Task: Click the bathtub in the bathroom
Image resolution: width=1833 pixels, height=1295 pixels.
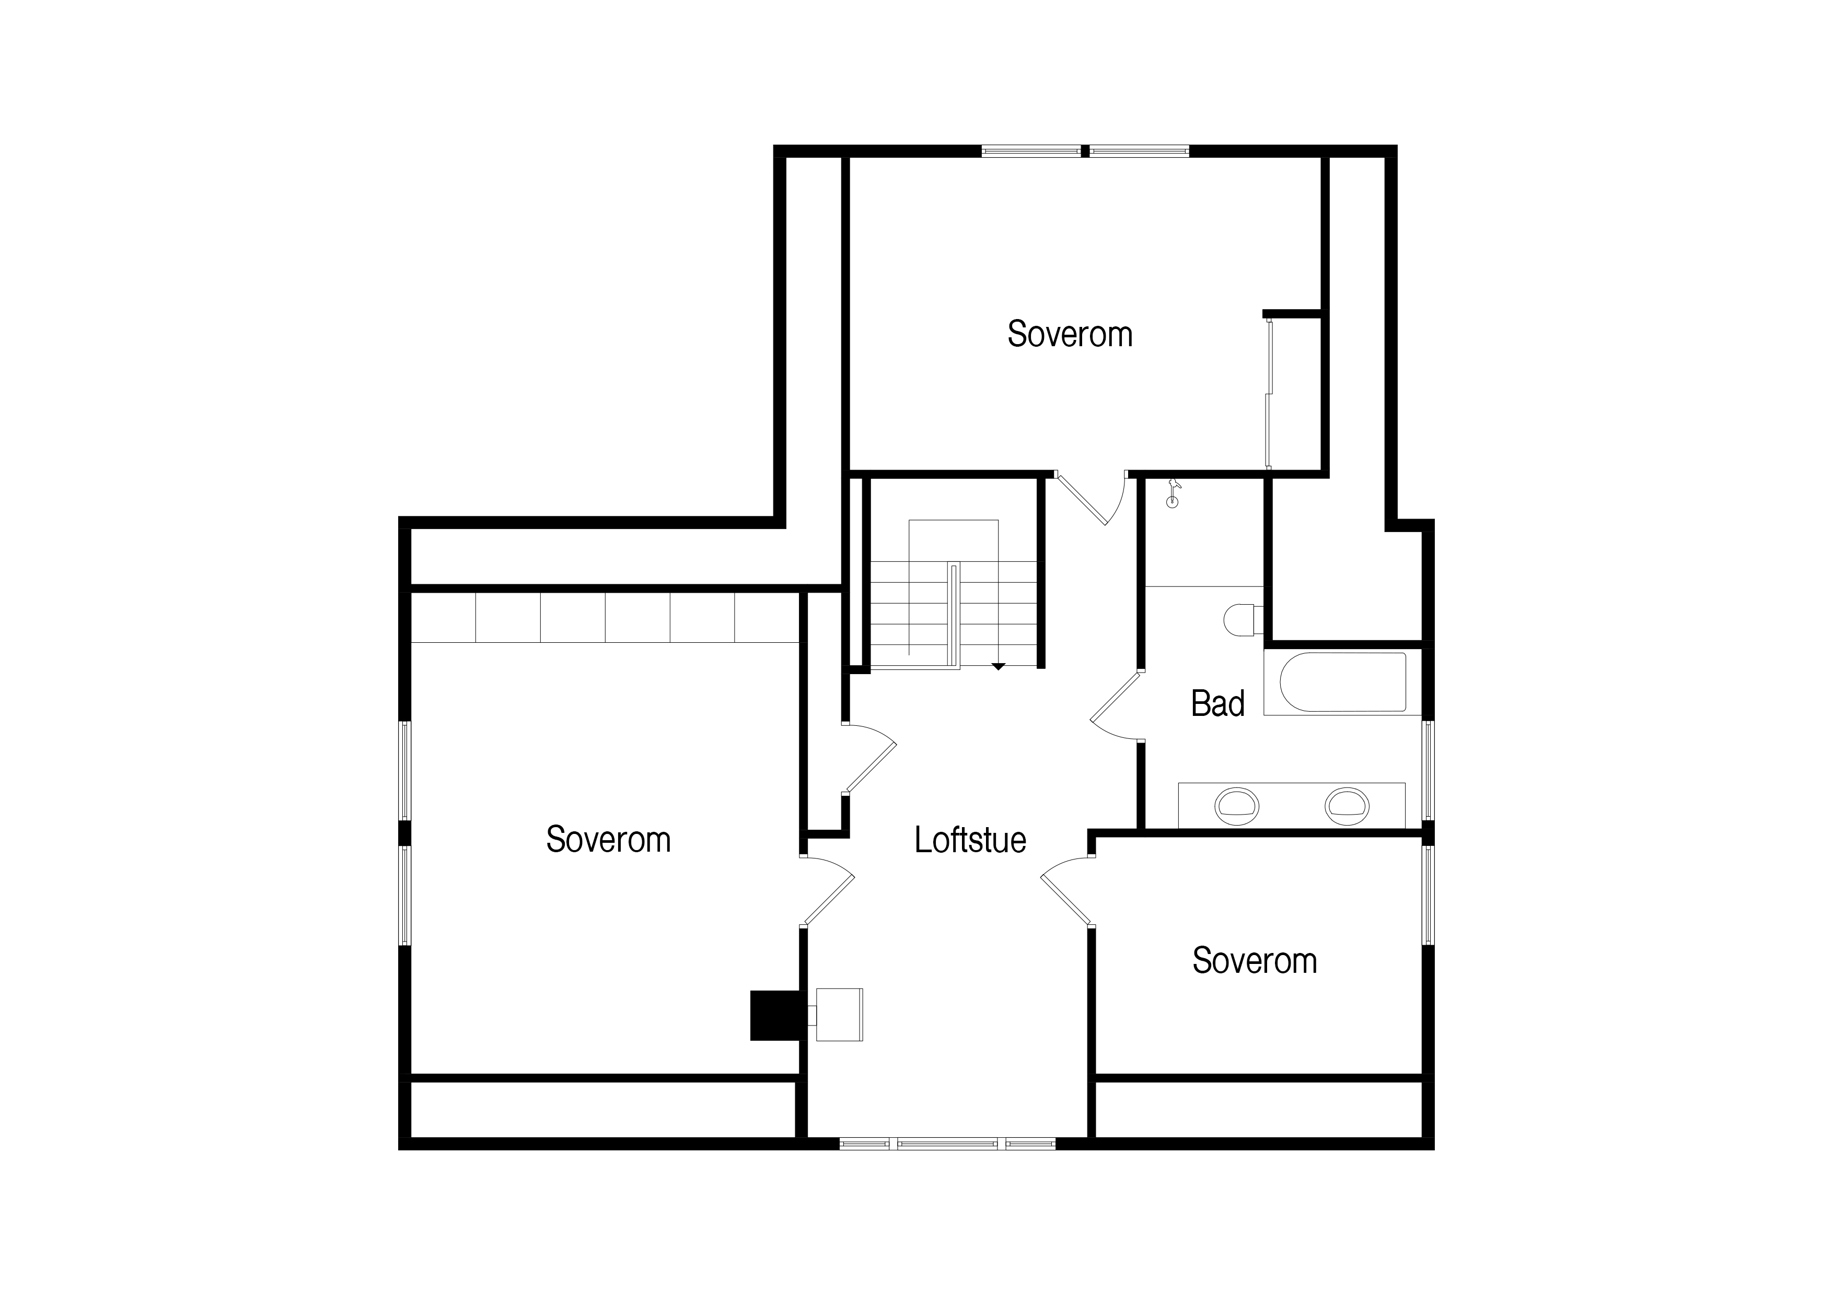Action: (x=1343, y=682)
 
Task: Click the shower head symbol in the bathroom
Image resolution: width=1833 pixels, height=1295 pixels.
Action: (x=1172, y=494)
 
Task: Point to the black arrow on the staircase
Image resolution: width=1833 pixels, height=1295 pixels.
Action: (x=998, y=666)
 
